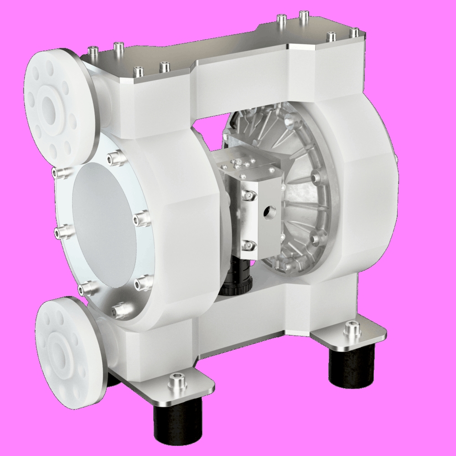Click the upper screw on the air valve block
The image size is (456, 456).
tap(249, 195)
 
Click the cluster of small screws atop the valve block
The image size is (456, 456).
tap(239, 164)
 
